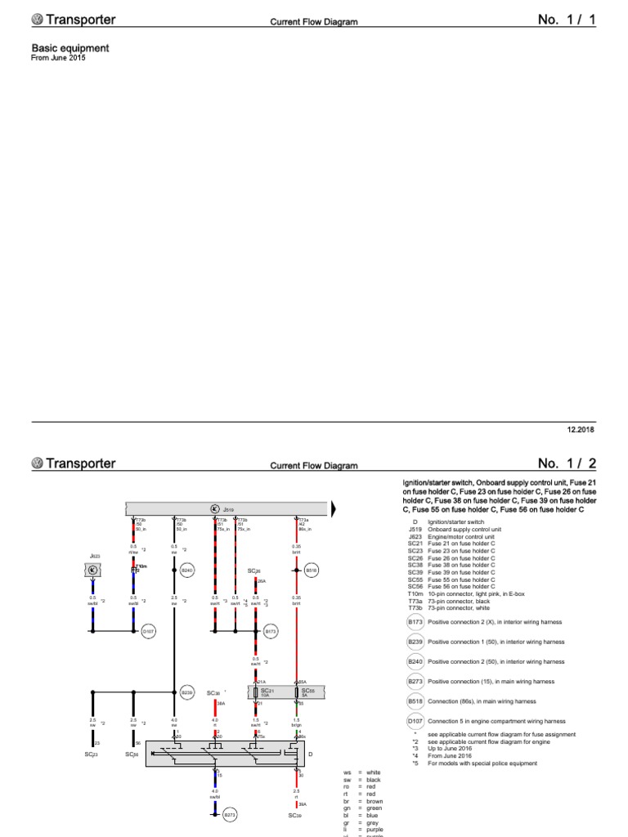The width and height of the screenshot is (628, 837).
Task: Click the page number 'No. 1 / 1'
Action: [567, 20]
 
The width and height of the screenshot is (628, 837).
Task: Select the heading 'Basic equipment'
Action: [70, 48]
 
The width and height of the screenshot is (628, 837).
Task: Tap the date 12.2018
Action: [581, 429]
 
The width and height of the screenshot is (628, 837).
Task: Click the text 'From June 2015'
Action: [58, 58]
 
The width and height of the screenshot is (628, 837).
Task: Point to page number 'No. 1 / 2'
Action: [567, 463]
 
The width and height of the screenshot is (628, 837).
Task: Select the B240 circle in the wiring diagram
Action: [186, 569]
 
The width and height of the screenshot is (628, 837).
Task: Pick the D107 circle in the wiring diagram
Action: [148, 631]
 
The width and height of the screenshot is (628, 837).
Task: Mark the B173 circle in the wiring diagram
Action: [271, 631]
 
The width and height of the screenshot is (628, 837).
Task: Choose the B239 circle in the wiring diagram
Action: [186, 691]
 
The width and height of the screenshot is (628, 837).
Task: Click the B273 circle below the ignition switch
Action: [230, 814]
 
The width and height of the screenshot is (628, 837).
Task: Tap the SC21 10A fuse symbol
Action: [257, 692]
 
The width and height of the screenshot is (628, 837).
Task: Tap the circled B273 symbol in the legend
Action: [414, 681]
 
